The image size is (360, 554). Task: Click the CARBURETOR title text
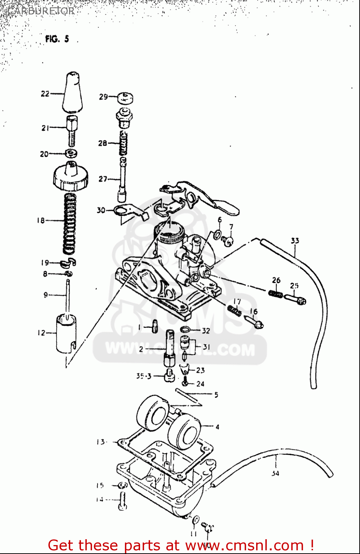coord(41,11)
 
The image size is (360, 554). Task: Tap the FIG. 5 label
coord(57,39)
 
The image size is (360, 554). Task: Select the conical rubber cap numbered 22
coord(72,92)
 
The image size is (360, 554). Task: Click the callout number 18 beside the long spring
coord(41,220)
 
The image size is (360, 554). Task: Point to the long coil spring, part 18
coord(70,223)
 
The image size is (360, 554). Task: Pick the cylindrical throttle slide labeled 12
coord(66,332)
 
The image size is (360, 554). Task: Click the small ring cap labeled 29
coord(125,98)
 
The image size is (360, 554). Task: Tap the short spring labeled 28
coord(123,144)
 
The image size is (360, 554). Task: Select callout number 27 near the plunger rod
coord(103,179)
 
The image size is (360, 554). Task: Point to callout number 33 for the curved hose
coord(295,241)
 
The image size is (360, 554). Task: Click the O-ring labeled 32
coord(186,330)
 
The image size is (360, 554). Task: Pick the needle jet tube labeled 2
coord(170,347)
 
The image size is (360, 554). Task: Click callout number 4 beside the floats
coord(217,427)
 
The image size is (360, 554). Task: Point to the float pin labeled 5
coord(189,397)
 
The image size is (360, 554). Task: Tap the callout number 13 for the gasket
coord(101,442)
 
